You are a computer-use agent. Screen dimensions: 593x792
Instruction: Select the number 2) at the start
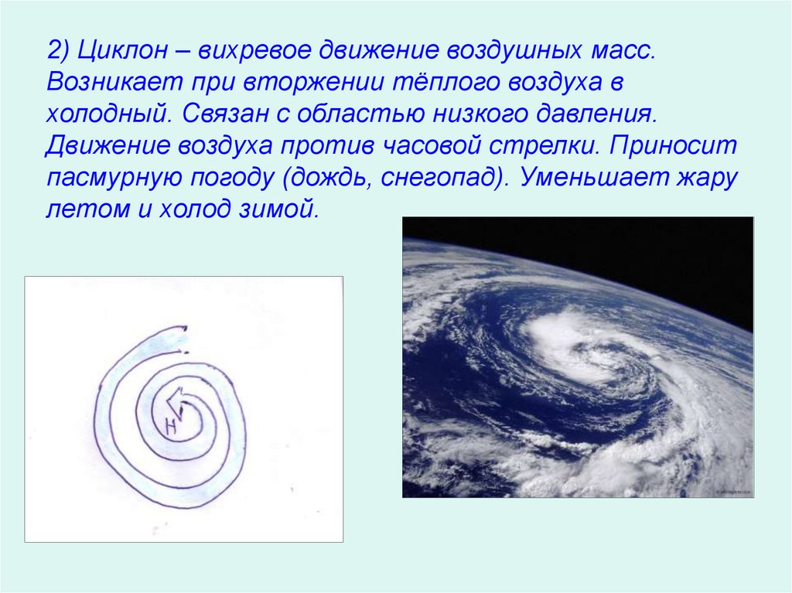coord(58,52)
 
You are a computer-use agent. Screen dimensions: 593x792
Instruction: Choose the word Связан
coord(223,113)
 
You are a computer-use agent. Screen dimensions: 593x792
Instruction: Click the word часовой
coord(520,145)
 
